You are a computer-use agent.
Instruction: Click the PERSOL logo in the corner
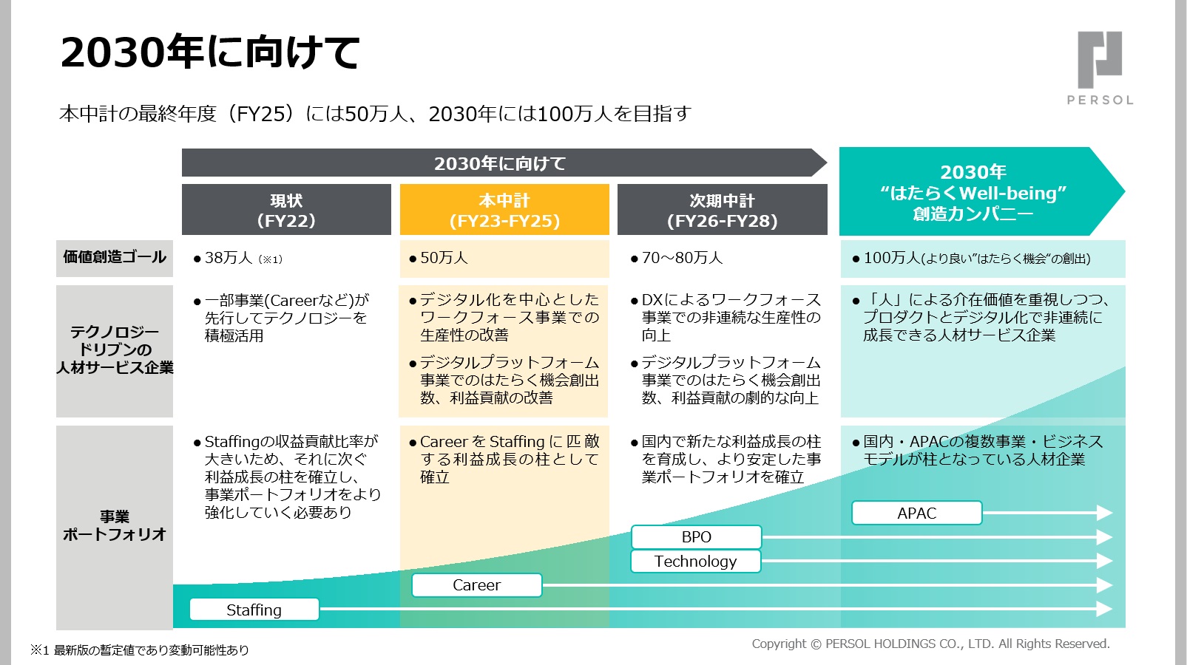1100,67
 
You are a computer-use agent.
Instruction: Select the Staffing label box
254,610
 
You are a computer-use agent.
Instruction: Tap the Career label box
477,585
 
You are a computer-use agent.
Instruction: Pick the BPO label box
696,537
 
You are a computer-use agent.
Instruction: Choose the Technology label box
695,562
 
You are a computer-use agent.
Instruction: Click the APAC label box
916,513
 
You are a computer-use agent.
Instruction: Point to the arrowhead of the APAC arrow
1105,513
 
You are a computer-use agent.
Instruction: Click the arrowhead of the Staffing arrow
1105,609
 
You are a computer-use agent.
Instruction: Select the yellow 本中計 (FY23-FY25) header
504,210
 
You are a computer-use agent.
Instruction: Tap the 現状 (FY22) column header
286,210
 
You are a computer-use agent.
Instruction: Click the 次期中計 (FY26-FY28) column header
722,210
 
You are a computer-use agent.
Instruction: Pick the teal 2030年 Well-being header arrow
973,192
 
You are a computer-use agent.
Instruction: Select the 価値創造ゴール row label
115,258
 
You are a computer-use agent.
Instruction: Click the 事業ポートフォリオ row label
115,525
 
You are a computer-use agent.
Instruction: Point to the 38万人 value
229,258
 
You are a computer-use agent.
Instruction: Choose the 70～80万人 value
682,258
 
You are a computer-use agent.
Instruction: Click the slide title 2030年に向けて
210,52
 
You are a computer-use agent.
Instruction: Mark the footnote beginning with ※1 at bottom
140,650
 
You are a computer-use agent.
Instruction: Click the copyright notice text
930,644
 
